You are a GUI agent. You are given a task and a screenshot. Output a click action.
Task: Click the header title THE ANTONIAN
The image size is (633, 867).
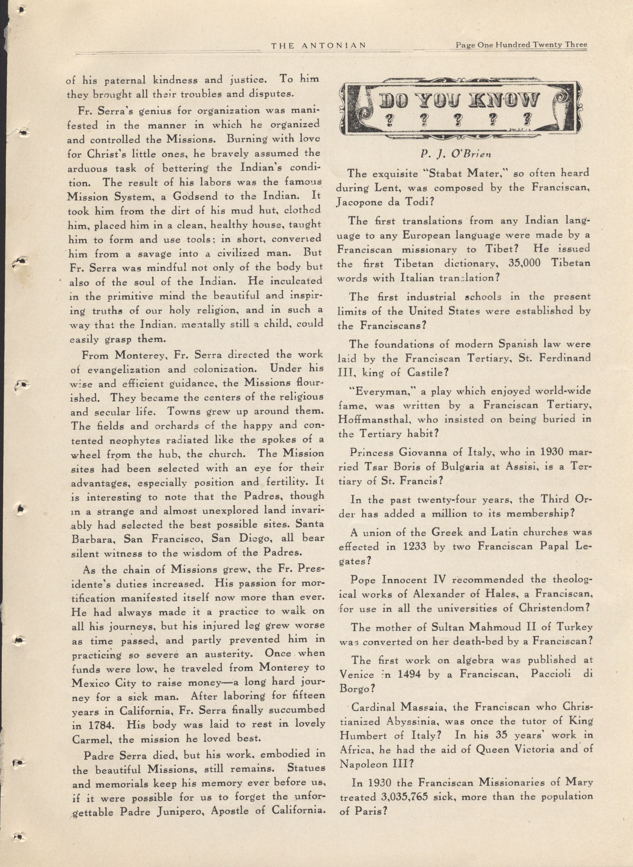coord(318,46)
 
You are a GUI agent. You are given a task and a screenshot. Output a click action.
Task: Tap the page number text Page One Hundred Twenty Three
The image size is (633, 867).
coord(521,45)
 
